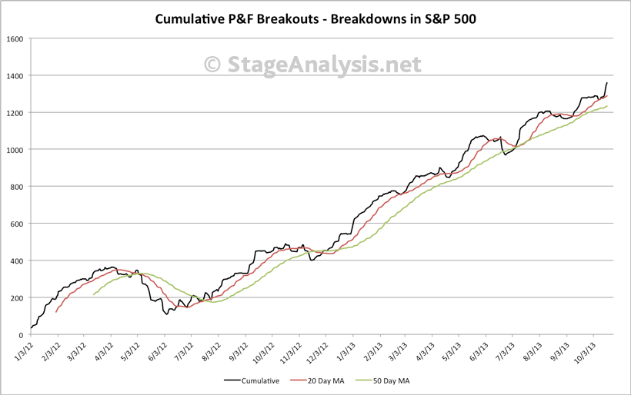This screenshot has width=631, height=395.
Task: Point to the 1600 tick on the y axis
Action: pyautogui.click(x=15, y=39)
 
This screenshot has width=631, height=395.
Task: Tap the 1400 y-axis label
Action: pyautogui.click(x=15, y=76)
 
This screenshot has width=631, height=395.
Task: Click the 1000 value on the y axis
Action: pyautogui.click(x=15, y=150)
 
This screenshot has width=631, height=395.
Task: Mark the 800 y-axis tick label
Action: pyautogui.click(x=17, y=187)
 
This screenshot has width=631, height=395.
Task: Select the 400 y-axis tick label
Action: pyautogui.click(x=17, y=261)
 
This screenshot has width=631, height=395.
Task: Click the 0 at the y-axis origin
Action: pyautogui.click(x=22, y=334)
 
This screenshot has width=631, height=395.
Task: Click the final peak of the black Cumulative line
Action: pyautogui.click(x=608, y=82)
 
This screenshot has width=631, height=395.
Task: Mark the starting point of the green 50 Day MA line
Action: pyautogui.click(x=94, y=294)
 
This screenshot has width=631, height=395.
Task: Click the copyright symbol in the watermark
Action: pyautogui.click(x=213, y=65)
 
